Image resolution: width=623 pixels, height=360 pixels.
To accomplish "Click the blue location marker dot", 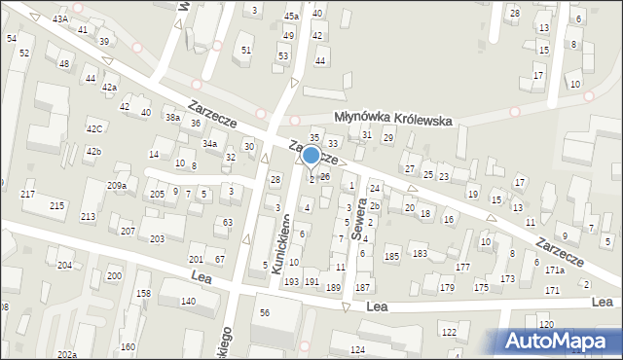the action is click(311, 155).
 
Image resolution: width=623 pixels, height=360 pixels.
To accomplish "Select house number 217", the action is click(28, 195).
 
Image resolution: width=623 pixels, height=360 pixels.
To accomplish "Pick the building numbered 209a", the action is click(117, 186).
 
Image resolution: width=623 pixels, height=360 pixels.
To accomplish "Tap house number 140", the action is click(187, 302).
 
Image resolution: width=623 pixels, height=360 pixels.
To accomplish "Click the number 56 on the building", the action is click(264, 311).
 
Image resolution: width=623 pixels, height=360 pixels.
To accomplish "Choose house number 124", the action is click(357, 349).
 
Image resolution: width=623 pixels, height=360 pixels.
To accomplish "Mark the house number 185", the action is click(391, 256).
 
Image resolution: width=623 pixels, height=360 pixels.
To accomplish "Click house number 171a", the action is click(555, 270).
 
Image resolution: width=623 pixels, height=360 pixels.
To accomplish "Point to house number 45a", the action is click(291, 17).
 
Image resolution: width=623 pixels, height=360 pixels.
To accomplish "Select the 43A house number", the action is click(60, 18).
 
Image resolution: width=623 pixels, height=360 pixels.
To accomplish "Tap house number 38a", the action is click(172, 118).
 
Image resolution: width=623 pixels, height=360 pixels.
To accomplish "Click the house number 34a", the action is click(209, 143).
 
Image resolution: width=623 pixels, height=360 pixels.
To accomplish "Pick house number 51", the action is click(246, 50).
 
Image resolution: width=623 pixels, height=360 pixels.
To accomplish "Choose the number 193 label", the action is click(290, 281).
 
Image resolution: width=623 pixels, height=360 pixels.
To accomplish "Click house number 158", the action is click(143, 293).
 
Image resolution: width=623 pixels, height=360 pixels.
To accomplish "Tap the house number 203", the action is click(157, 238).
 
